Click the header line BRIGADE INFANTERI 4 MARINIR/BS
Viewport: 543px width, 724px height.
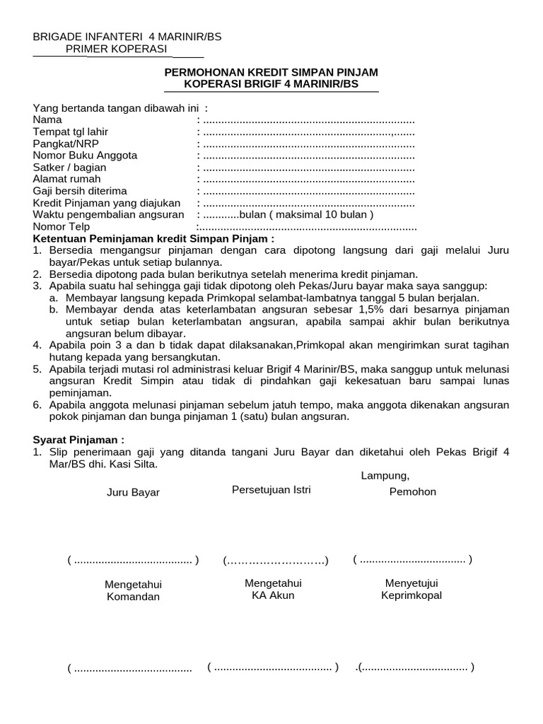click(x=127, y=37)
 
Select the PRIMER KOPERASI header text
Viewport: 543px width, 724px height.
click(x=116, y=49)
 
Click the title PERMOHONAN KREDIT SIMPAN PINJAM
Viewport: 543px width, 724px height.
click(x=271, y=72)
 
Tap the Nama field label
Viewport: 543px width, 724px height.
click(x=47, y=120)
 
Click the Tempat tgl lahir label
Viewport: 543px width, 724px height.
click(x=71, y=132)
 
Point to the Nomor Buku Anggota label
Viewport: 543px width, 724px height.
click(x=85, y=156)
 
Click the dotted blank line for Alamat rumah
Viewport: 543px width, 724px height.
click(x=308, y=180)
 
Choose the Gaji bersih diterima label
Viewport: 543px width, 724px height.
click(x=80, y=191)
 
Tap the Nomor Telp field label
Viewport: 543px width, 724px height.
click(x=62, y=227)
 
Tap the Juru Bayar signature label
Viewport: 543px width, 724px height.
click(x=133, y=493)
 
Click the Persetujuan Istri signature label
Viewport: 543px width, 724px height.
click(x=271, y=490)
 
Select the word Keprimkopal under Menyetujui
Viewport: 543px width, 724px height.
click(x=411, y=595)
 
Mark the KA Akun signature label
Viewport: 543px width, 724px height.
click(x=273, y=595)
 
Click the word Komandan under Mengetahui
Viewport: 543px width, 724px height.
click(x=133, y=597)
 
